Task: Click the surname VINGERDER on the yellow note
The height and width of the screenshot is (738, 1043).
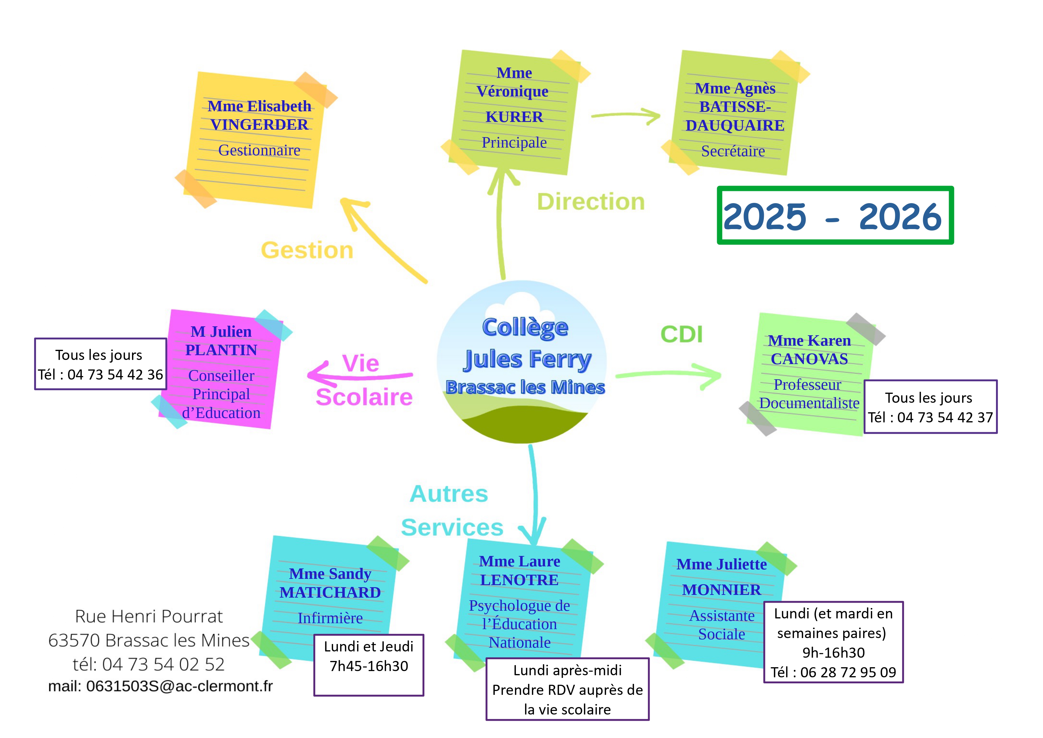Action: click(x=259, y=125)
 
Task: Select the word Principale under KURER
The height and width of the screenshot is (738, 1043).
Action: click(x=514, y=143)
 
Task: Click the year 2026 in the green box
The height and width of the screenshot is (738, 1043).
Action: click(x=900, y=217)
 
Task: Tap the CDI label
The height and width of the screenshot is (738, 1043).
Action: click(x=681, y=334)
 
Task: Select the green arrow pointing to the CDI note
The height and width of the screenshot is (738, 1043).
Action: click(x=668, y=374)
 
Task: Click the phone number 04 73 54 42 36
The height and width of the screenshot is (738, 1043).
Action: click(x=115, y=375)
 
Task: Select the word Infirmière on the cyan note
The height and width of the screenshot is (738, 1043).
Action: click(x=330, y=618)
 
